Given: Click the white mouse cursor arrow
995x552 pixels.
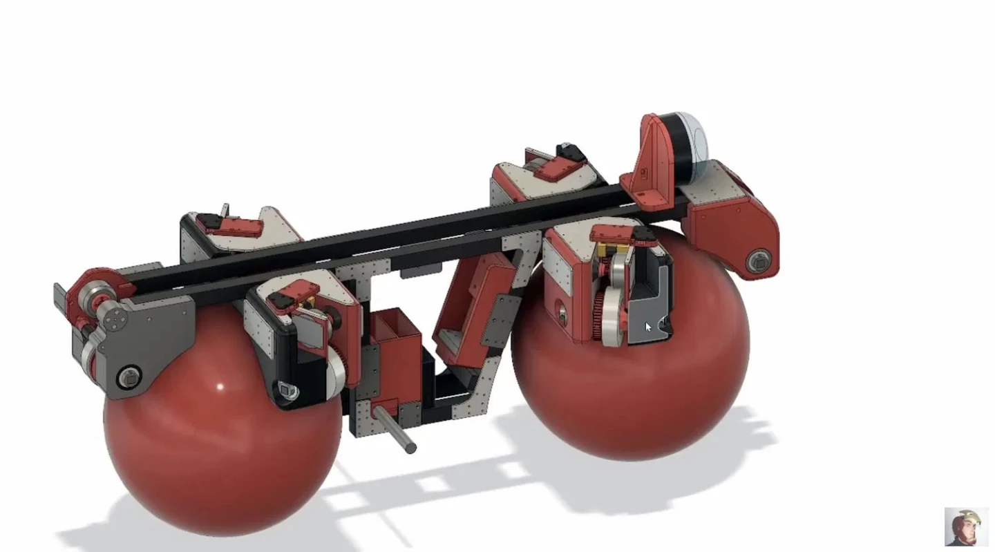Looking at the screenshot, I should (x=647, y=327).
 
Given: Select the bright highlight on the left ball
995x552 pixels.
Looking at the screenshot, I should (x=220, y=387).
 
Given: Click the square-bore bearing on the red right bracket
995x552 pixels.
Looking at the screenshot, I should (x=756, y=260).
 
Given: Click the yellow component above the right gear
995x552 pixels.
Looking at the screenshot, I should (x=609, y=249).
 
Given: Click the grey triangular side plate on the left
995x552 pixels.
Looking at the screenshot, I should (x=152, y=339).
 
